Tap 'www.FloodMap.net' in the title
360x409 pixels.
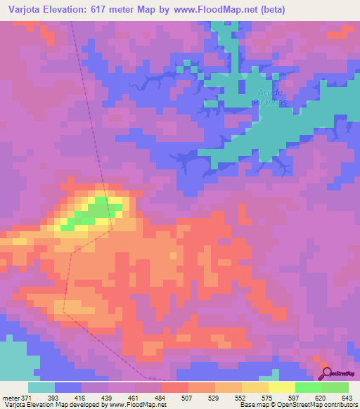(x=215, y=10)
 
